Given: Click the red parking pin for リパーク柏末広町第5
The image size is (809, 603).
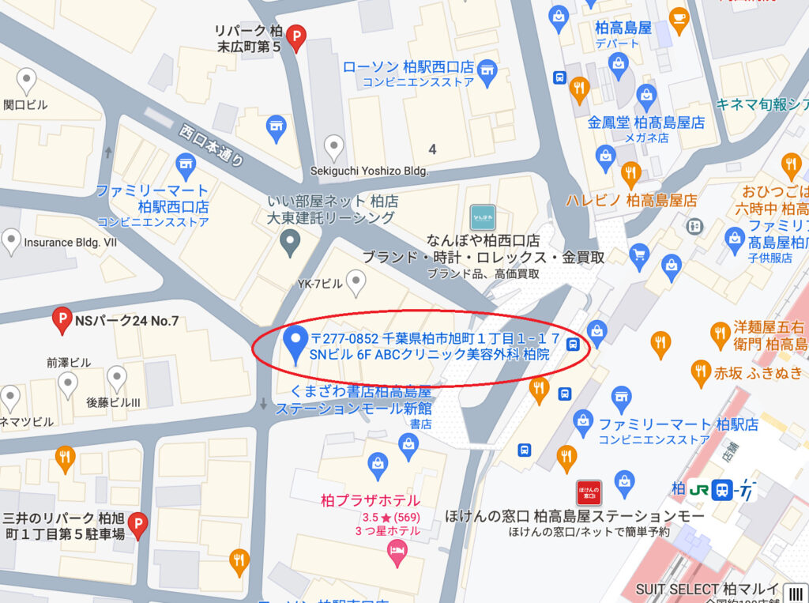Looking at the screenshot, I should [x=296, y=36].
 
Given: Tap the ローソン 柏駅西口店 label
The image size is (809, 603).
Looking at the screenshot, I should [x=408, y=67].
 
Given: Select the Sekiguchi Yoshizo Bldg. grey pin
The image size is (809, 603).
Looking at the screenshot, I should [x=335, y=146].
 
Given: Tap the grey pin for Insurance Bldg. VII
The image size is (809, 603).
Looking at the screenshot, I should [x=11, y=241].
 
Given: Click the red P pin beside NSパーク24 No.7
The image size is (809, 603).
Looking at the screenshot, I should [x=62, y=320].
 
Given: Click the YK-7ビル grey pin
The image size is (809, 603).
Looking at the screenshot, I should [x=357, y=280].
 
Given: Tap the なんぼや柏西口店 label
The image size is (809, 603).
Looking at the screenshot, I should [x=483, y=239].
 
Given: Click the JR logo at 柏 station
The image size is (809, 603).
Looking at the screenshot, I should [x=698, y=489].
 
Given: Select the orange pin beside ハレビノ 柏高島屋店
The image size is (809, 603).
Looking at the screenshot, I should [x=630, y=173].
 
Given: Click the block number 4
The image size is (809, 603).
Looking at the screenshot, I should [x=432, y=149].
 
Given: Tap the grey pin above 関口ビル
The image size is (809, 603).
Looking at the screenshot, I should [x=27, y=81].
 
